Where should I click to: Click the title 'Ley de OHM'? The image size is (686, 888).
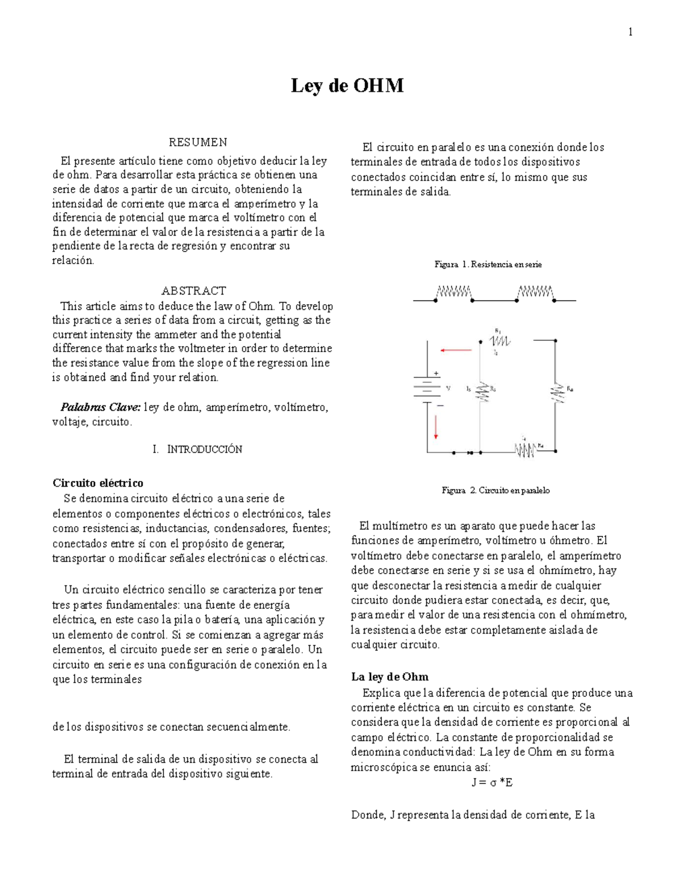tap(347, 86)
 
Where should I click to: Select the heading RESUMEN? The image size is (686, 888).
tap(198, 142)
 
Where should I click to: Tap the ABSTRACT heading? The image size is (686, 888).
tap(194, 290)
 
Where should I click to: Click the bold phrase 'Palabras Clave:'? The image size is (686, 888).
tap(101, 408)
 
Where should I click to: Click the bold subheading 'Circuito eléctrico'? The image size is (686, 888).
tap(98, 483)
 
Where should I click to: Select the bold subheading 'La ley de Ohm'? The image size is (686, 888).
tap(389, 677)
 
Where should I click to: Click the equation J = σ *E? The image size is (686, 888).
tap(492, 782)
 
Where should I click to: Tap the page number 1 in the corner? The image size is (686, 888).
tap(630, 32)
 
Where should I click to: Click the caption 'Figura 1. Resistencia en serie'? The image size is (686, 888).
tap(488, 264)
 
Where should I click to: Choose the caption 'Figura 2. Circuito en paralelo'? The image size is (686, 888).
tap(495, 491)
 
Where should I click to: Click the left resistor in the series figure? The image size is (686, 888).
tap(454, 293)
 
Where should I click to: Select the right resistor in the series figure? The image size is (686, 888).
tap(535, 293)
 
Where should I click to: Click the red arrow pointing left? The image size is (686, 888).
tap(456, 350)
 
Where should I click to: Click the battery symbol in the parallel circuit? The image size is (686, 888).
tap(426, 388)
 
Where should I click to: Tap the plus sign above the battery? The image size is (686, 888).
tap(436, 373)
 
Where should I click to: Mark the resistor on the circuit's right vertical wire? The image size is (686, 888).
tap(555, 392)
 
